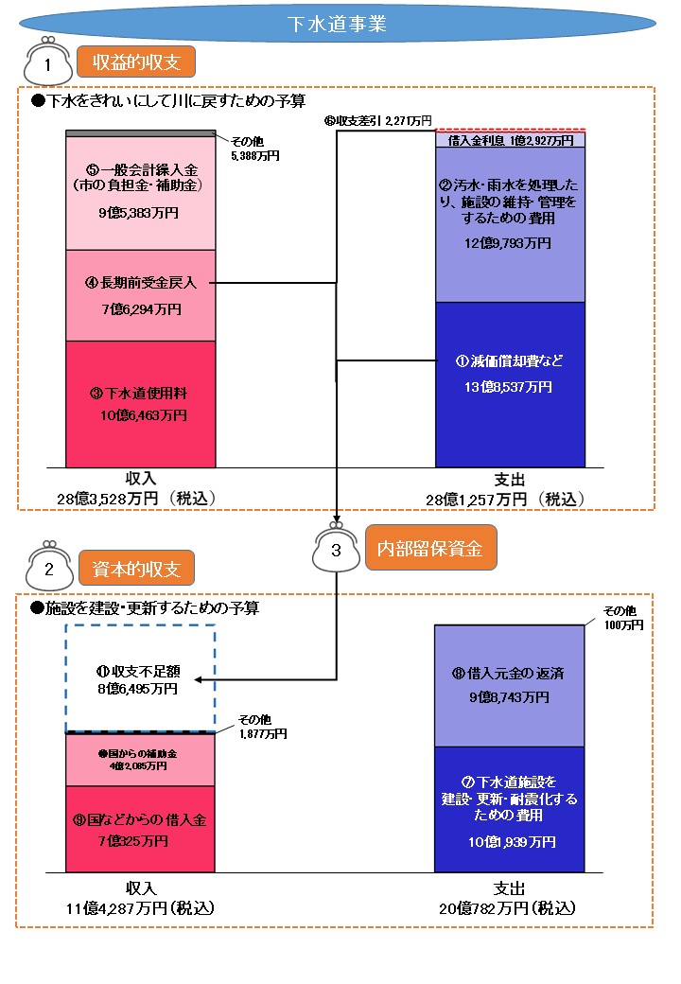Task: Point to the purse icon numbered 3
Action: [x=337, y=550]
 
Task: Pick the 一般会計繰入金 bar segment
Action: [x=142, y=194]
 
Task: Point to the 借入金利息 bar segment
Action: [x=510, y=140]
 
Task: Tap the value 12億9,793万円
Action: [x=510, y=243]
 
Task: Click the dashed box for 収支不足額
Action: [x=140, y=678]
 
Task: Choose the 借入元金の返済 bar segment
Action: [x=510, y=685]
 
